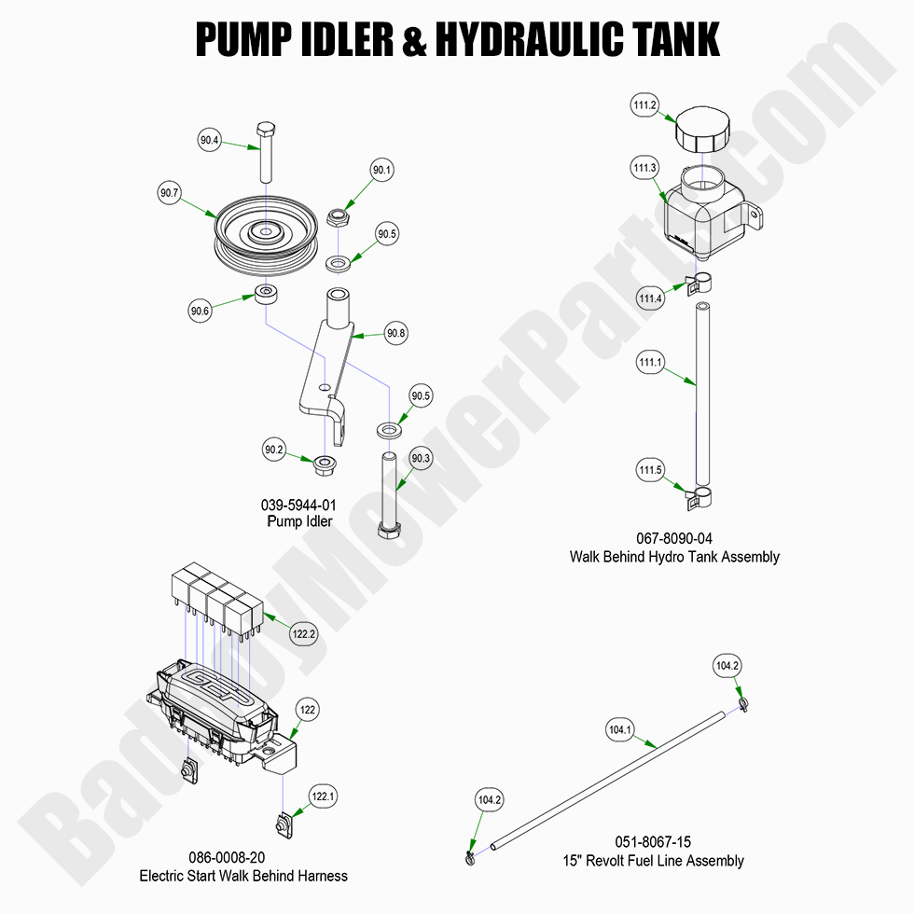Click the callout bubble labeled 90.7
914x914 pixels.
169,194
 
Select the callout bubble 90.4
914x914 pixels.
210,141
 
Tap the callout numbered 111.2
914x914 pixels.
645,106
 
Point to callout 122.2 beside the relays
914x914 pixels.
304,633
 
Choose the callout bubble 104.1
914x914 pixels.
620,730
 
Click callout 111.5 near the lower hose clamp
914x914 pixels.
649,470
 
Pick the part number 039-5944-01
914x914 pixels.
298,505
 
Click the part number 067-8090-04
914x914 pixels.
674,539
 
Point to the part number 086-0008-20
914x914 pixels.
243,858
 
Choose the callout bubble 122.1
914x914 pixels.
323,796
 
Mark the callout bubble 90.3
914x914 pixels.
421,458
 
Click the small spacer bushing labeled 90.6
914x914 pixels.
269,296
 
